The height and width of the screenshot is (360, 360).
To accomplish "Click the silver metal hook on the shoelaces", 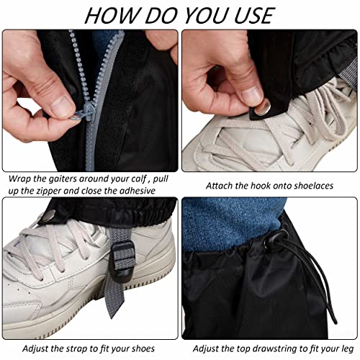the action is tap(262, 107).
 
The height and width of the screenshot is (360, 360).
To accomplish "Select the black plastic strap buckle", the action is tap(122, 258).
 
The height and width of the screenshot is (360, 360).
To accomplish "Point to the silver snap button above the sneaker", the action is tap(49, 216).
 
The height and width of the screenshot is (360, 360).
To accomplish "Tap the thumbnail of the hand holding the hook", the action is tap(269, 101).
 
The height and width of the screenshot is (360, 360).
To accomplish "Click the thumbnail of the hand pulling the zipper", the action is tap(90, 101).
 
